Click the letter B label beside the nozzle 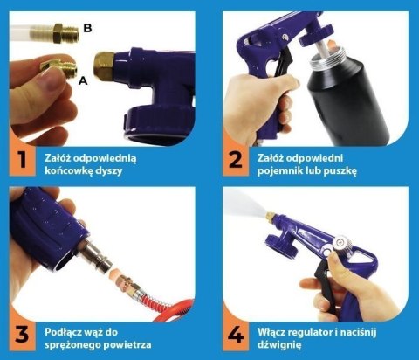click(87, 28)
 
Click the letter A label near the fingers click(83, 80)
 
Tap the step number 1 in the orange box click(21, 160)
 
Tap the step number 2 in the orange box click(236, 160)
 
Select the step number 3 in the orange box click(22, 335)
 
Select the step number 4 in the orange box click(236, 335)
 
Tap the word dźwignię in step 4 click(279, 345)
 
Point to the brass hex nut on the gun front click(104, 66)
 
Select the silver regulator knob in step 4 click(340, 243)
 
